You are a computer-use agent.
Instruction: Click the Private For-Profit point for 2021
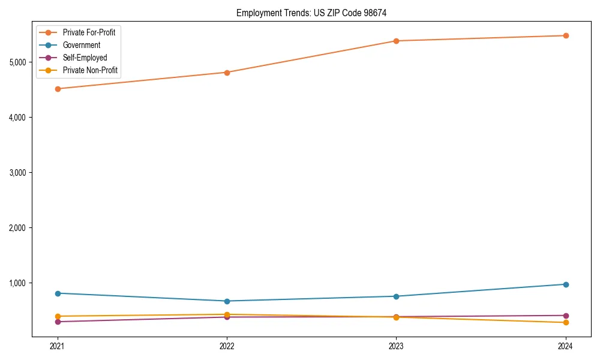58,89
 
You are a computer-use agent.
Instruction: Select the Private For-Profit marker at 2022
227,73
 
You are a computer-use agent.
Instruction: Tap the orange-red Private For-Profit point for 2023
396,41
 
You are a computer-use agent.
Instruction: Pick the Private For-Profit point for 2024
566,35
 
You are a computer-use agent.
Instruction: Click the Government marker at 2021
58,293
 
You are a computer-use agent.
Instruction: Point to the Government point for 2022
227,301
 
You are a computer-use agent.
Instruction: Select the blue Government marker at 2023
396,296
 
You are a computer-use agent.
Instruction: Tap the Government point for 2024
566,284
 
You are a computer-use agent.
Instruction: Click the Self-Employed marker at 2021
58,322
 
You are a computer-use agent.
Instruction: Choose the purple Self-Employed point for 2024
566,316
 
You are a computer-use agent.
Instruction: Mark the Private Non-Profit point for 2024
566,323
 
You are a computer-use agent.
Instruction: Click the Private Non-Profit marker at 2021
58,316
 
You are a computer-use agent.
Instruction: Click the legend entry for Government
81,45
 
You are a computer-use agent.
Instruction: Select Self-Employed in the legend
85,58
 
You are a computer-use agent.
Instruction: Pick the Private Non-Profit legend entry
90,70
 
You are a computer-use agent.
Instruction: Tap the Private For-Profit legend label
89,32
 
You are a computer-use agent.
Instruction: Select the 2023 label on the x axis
396,346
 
